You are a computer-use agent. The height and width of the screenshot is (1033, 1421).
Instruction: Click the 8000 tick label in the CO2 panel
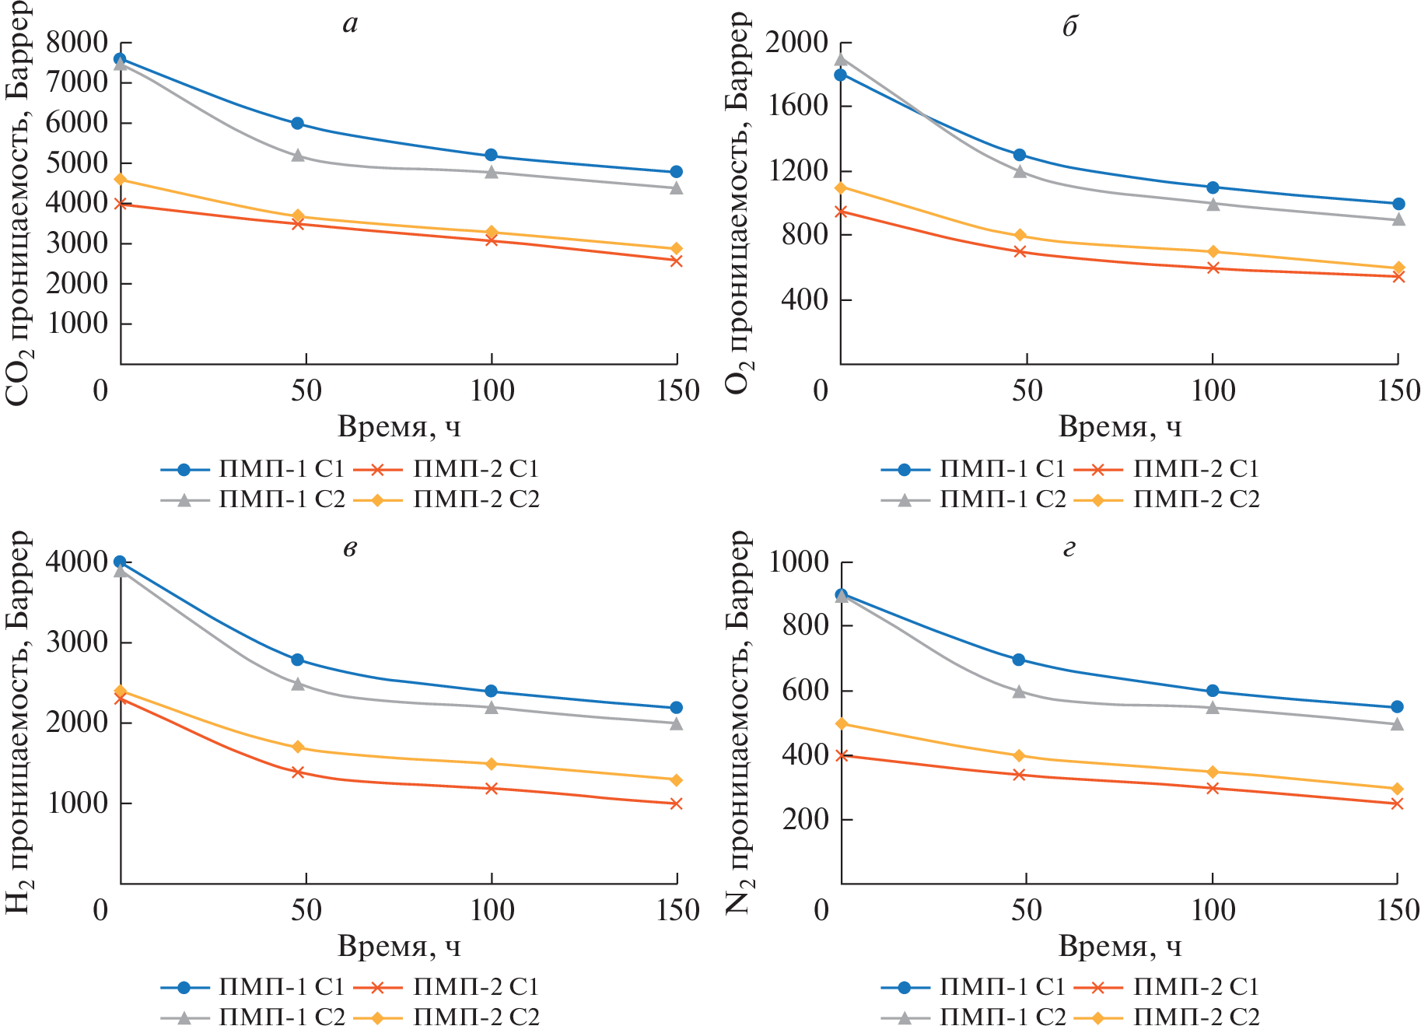[77, 42]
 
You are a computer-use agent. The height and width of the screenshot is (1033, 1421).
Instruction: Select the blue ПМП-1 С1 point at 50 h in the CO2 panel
[297, 123]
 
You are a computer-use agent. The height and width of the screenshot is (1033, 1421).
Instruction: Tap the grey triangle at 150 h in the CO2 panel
[677, 187]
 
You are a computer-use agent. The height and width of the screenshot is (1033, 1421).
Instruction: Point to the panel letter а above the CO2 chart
[351, 25]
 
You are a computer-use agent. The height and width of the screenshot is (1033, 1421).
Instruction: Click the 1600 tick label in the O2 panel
[797, 107]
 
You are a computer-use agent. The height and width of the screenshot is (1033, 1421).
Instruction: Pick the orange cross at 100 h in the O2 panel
[1213, 268]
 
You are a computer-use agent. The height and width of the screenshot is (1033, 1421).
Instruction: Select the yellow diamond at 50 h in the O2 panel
[1020, 236]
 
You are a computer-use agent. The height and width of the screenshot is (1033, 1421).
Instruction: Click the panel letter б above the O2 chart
[1070, 26]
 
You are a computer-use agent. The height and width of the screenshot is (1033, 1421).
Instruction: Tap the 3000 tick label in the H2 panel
[77, 643]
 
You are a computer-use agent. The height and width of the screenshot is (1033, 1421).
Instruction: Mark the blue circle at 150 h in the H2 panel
[677, 707]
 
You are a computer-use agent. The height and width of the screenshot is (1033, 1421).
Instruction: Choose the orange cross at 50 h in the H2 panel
[297, 772]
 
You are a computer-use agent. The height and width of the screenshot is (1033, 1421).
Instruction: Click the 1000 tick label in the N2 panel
[800, 562]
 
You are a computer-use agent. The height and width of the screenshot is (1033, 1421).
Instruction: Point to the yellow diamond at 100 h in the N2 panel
[1213, 772]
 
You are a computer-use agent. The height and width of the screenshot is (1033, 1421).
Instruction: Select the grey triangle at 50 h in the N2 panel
[1020, 692]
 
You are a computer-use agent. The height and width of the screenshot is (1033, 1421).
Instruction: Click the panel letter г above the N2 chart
[1069, 548]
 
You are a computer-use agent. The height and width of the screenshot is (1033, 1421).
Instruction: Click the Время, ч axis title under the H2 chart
[399, 947]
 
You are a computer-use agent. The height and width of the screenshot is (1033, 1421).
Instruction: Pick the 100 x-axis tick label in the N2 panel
[1213, 910]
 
